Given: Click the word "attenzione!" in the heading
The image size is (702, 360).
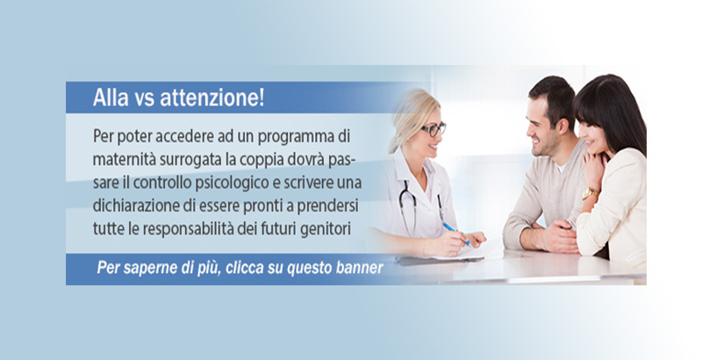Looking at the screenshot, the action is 212,97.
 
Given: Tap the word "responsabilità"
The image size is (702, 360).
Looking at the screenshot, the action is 190,230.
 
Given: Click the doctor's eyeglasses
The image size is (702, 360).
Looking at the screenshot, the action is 433,130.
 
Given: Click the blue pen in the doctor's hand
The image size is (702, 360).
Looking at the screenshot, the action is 455,233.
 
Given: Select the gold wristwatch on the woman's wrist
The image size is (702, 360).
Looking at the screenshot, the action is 589,193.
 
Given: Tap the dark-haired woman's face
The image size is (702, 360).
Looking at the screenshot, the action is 591,134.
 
